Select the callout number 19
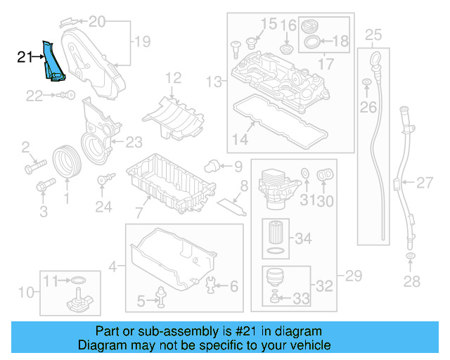tap(143, 42)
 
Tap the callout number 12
tap(173, 77)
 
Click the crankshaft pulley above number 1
tap(67, 160)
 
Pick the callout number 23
tap(134, 141)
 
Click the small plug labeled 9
tap(210, 167)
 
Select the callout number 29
tap(349, 274)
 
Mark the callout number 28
tap(411, 282)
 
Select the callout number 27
tap(424, 184)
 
